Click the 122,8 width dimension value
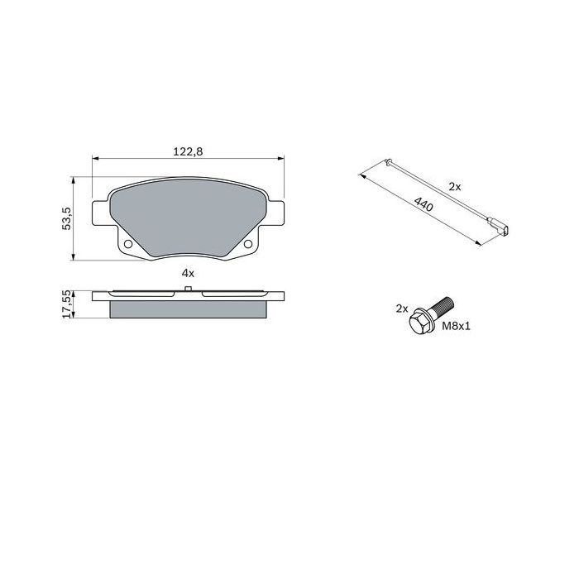(188, 151)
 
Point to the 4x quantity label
(188, 273)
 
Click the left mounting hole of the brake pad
(128, 245)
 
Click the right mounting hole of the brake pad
(248, 245)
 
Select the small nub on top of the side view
(189, 289)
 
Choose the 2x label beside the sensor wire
(454, 187)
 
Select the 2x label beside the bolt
(402, 309)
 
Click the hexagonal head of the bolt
(419, 323)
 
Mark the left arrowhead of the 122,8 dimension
(94, 159)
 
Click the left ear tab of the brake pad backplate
(99, 211)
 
